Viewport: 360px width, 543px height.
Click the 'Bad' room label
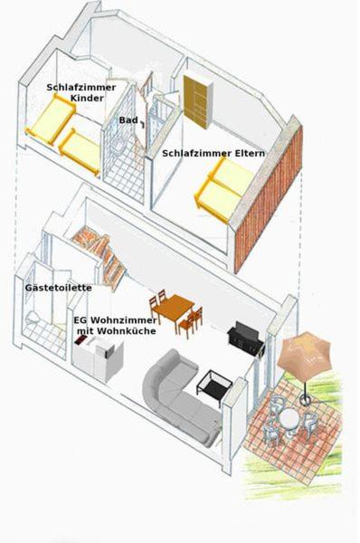click(128, 120)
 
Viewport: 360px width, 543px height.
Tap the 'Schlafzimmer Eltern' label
click(213, 153)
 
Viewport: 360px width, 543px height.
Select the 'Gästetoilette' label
click(59, 288)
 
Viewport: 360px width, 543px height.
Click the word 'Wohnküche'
click(126, 331)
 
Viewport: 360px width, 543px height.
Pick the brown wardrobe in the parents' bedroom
click(198, 101)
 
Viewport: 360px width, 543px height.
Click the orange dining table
click(174, 309)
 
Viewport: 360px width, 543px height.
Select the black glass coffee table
click(215, 386)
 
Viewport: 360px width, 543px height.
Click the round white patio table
click(290, 419)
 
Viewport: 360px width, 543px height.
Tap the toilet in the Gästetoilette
click(32, 318)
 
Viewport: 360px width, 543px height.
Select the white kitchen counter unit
click(98, 357)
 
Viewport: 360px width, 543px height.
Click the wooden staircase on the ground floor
click(100, 252)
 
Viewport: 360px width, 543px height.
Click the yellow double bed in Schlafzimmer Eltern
click(225, 189)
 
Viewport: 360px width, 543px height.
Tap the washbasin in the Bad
click(117, 146)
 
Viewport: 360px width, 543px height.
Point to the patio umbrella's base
click(305, 400)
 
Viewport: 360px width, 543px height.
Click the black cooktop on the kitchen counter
click(81, 339)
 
